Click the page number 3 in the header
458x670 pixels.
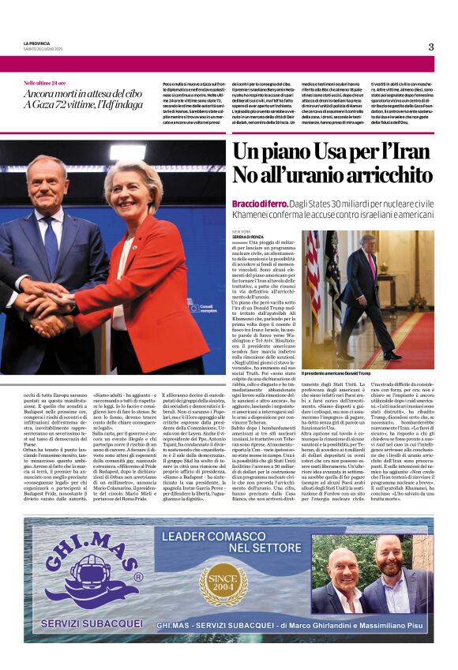431,47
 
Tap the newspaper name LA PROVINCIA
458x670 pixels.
37,43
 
